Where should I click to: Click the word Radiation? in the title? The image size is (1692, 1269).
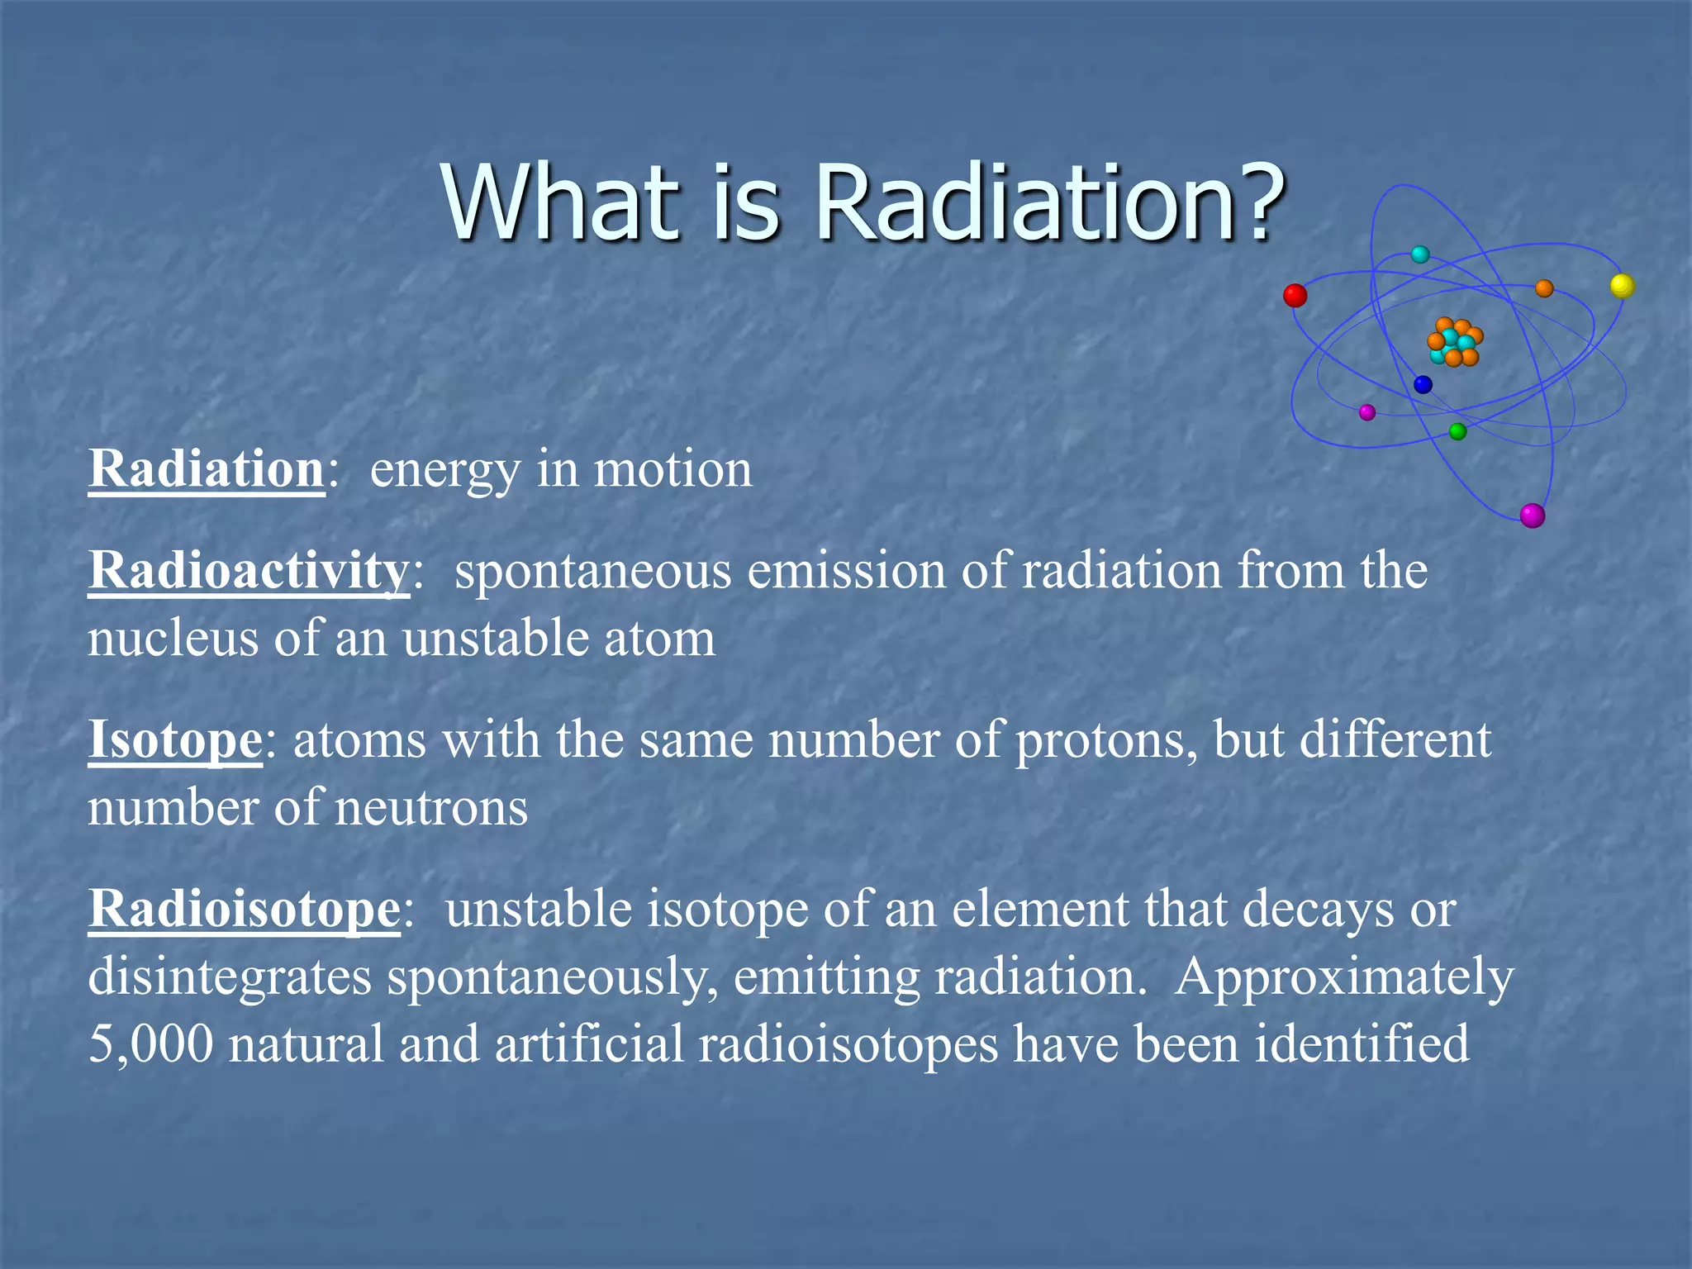(1049, 202)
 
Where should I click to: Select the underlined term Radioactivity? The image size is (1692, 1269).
(249, 570)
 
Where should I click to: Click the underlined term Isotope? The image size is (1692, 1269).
(175, 739)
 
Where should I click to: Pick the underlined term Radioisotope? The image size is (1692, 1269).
(245, 909)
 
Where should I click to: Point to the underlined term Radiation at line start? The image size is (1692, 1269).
(207, 469)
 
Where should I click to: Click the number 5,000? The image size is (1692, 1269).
(150, 1044)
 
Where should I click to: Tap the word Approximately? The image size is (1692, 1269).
(1344, 978)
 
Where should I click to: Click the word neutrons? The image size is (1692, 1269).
(431, 808)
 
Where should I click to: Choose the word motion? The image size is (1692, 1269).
(673, 469)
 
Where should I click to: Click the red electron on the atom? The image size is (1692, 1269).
(1295, 295)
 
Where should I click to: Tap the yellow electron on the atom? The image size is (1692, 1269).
(1623, 286)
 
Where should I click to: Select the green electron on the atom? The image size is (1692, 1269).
(1457, 431)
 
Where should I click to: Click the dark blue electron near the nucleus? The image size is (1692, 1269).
(1423, 384)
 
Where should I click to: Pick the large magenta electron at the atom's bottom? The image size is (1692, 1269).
(1533, 516)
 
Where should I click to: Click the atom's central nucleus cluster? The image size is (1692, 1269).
(1455, 342)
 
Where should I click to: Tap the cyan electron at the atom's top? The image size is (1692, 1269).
(1420, 254)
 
